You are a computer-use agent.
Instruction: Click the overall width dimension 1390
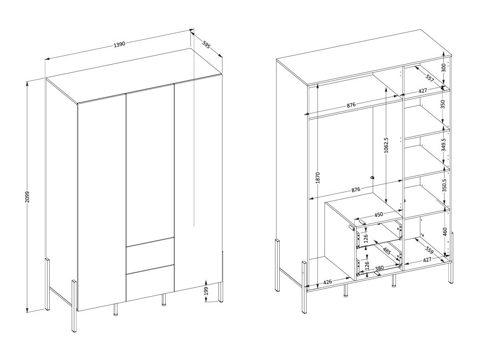[x=119, y=45]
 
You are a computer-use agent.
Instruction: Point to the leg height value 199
[x=205, y=291]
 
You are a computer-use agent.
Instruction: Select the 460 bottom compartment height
[x=445, y=231]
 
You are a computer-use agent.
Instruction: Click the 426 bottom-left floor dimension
[x=327, y=281]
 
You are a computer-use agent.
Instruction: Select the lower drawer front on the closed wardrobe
[x=150, y=282]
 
